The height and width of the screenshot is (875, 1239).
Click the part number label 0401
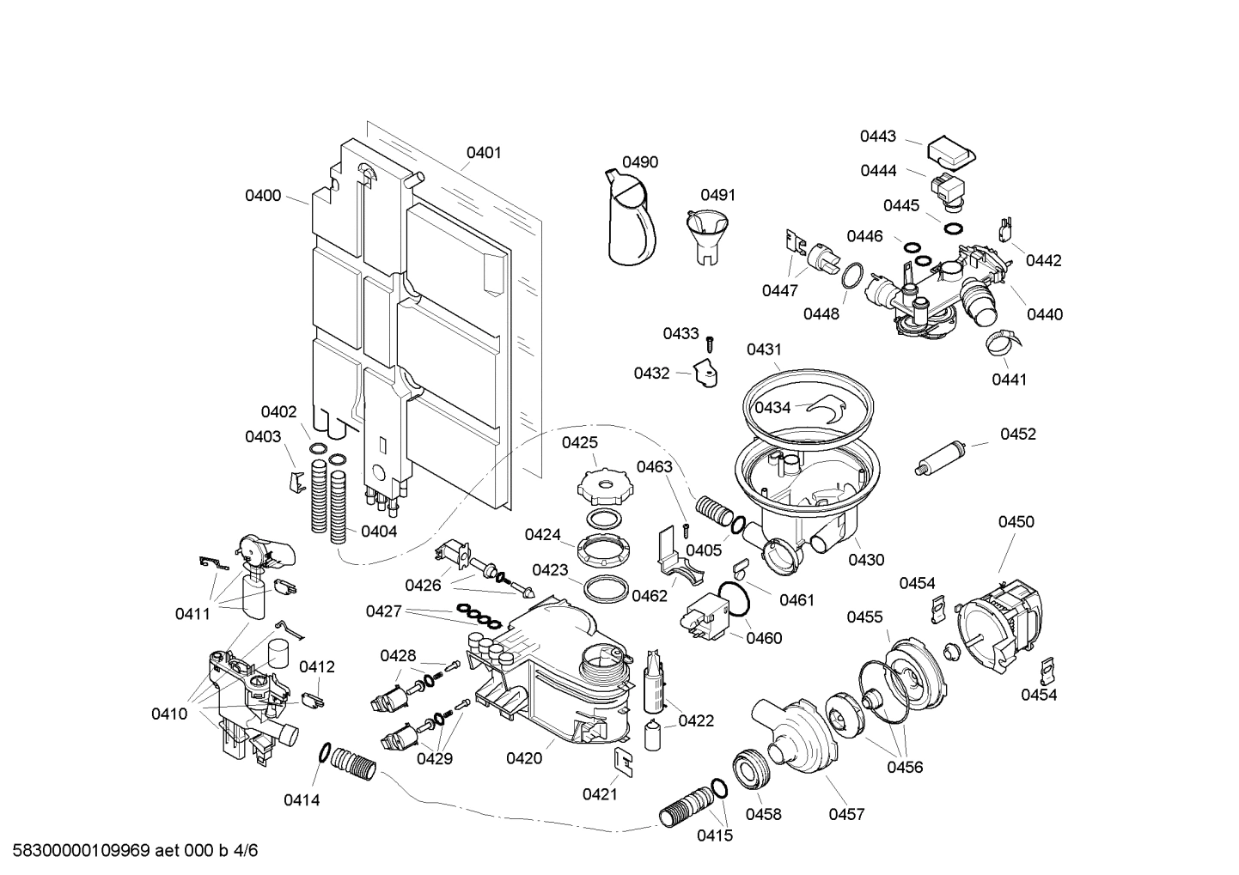(484, 153)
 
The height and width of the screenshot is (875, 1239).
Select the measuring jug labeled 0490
(632, 219)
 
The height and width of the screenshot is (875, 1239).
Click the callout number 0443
(878, 136)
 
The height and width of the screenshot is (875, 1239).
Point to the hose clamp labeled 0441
(1003, 343)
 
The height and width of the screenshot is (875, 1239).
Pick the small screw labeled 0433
(710, 343)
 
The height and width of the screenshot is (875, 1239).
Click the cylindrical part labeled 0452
(943, 455)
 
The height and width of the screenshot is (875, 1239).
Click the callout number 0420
(523, 757)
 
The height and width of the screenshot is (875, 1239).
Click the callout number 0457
(846, 814)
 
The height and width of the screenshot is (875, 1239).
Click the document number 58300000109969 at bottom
(82, 851)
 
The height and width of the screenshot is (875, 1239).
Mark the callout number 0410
(169, 714)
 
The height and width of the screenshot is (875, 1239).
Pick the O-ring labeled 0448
(850, 275)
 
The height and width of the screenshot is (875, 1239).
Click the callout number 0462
(650, 595)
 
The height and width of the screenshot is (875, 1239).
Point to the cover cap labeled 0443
(949, 153)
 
